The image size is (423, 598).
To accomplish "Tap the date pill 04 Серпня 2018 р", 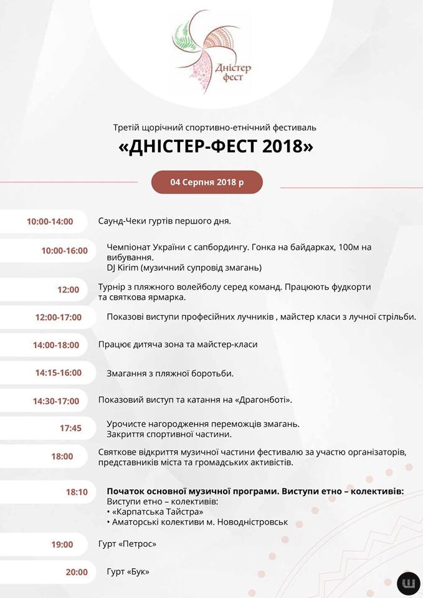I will [207, 182].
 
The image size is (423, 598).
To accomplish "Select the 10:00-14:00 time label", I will [50, 221].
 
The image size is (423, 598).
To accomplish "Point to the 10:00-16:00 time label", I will [65, 251].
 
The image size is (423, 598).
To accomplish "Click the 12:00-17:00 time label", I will [59, 317].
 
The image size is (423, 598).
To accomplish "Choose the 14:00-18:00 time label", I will [56, 345].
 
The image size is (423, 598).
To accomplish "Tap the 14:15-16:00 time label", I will [59, 373].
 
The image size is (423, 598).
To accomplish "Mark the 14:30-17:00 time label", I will [56, 401].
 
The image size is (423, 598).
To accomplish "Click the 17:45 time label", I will [70, 428].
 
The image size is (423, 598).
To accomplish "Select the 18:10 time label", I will [77, 492].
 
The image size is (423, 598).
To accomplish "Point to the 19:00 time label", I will [62, 544].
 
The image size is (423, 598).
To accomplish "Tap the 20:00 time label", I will [77, 572].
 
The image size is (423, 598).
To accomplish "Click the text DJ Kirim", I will [122, 268].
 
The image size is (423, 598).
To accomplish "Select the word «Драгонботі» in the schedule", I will [262, 400].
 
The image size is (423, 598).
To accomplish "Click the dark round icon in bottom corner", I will [409, 583].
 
